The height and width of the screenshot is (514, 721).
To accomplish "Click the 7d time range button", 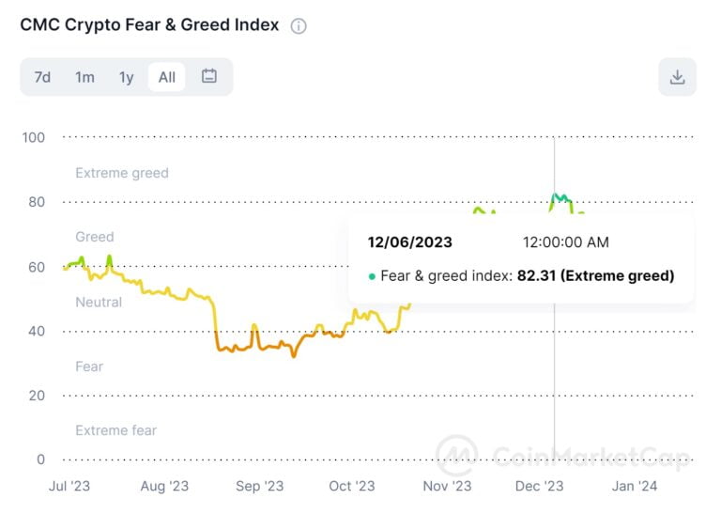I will point(42,77).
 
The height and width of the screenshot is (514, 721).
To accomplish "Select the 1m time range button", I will point(84,77).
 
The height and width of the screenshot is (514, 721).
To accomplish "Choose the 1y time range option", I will point(126,77).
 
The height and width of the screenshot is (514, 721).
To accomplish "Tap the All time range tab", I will point(166,77).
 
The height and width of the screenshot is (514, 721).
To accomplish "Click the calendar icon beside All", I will point(209,76).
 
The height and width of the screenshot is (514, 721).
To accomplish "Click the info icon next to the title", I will point(299,26).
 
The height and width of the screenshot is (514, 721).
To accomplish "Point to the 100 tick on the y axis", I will point(34,137).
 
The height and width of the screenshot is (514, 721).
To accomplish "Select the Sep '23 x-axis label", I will point(259,486).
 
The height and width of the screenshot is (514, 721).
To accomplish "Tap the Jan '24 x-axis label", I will point(635,486).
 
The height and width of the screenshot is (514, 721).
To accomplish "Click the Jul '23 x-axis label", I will point(70,486).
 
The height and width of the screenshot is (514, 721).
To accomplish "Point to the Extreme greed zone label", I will point(122,173).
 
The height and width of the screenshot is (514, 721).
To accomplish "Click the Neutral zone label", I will point(99,302).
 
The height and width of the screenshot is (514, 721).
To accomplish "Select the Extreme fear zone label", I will point(116,430).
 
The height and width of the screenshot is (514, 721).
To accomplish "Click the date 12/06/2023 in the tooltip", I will point(409,242).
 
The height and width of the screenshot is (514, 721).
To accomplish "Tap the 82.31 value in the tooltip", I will point(537,276).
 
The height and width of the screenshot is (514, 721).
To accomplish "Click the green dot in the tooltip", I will point(372,276).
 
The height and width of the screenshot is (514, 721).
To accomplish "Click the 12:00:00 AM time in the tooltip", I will point(565,242).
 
